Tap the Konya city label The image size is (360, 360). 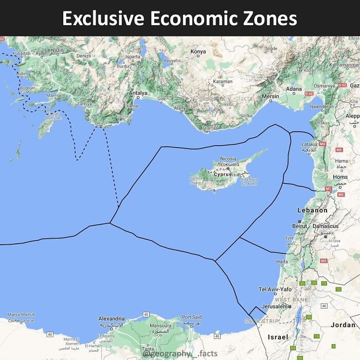point(198,51)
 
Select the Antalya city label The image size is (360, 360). point(138,93)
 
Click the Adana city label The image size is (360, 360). point(294,89)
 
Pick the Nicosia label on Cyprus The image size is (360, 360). point(228,159)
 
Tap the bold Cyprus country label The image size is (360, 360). point(223,174)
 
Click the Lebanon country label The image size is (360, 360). point(312,210)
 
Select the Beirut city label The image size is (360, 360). point(299,226)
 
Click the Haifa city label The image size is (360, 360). point(282,262)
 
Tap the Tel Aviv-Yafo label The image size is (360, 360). point(275,290)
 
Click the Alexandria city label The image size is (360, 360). point(112,319)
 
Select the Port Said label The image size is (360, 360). point(192,317)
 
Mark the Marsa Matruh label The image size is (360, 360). point(21,315)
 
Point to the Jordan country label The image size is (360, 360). point(343,325)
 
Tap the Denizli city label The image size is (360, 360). point(83,56)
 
